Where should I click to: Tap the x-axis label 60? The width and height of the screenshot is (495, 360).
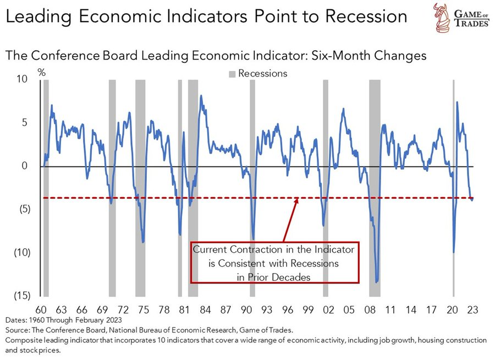pos(41,310)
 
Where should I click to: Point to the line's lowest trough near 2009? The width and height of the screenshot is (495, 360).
pos(377,282)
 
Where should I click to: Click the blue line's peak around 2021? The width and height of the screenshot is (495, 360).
pos(457,103)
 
